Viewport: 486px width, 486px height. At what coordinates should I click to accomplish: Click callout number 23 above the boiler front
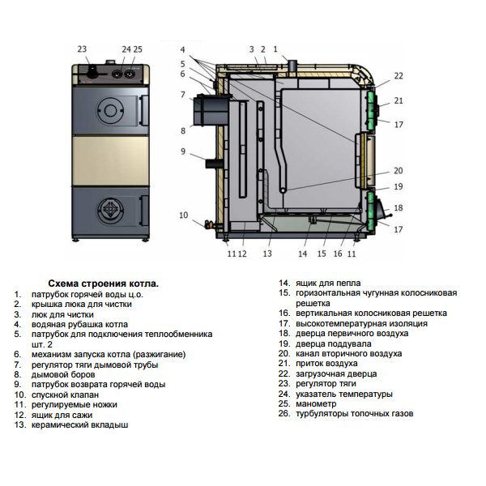coord(81,49)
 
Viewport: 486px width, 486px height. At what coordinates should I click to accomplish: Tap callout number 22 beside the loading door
coord(398,75)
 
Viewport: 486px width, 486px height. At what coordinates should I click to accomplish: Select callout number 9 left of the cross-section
coord(183,151)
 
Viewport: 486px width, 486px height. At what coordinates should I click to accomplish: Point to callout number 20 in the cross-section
coord(398,171)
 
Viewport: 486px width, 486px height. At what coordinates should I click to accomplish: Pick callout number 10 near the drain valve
coord(183,215)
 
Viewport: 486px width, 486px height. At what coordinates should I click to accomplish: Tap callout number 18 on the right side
coord(398,208)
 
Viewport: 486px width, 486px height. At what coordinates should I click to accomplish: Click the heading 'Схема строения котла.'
coord(103,283)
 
